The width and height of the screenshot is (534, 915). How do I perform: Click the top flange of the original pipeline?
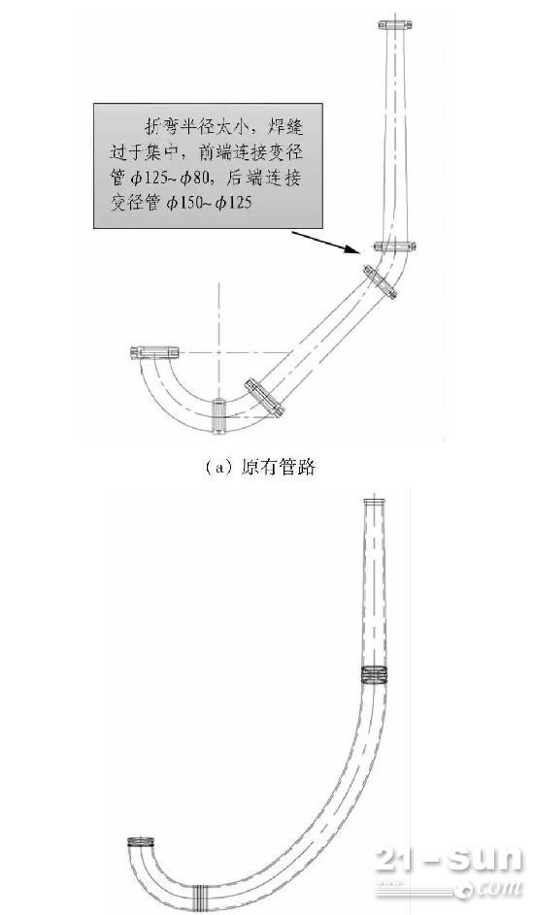[x=396, y=24]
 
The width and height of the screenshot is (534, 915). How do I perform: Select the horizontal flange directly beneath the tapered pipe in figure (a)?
[x=394, y=246]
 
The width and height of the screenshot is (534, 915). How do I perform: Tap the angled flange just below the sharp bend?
[x=380, y=283]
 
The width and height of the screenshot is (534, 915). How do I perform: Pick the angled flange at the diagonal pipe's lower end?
[x=264, y=398]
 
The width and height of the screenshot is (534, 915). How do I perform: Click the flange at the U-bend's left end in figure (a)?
[x=154, y=352]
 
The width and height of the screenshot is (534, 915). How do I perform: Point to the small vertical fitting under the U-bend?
[x=218, y=416]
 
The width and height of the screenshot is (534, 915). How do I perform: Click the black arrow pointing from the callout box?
[x=325, y=243]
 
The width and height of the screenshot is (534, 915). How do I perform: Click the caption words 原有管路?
[x=278, y=468]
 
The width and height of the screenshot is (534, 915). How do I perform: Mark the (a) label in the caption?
[x=220, y=468]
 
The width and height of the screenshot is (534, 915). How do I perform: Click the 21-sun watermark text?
[x=449, y=860]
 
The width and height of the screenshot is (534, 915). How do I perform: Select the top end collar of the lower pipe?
[x=374, y=503]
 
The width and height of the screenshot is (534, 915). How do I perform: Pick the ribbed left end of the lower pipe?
[x=141, y=842]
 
